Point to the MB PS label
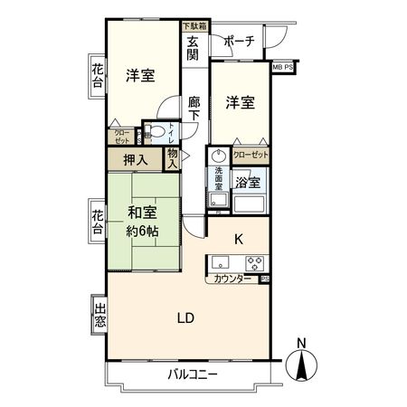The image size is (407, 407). pos(283,67)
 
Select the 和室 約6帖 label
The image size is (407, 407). pos(143,220)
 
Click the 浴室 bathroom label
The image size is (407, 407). pos(247,182)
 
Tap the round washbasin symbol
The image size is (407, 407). pos(218,155)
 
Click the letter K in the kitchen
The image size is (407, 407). pos(239,240)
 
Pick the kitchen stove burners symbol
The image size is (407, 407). pos(256,263)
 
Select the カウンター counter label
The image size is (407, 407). pos(232,279)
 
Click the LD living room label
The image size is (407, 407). pos(185,317)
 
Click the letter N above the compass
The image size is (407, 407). pos(301,343)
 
